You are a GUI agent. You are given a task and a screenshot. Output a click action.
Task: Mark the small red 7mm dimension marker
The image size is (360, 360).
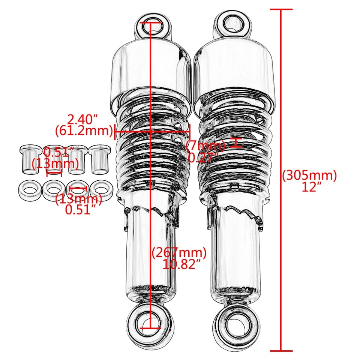coord(235,143)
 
